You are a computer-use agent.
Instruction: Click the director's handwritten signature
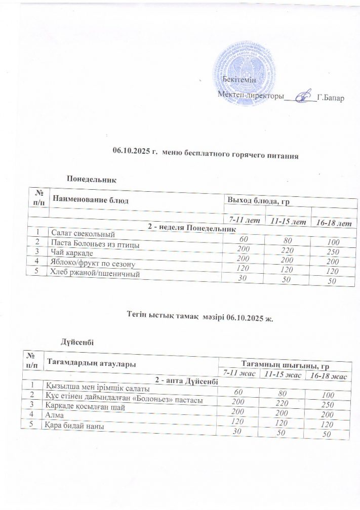point(303,96)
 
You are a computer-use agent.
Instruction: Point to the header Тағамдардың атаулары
point(91,362)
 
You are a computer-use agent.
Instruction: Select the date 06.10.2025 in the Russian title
point(129,151)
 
